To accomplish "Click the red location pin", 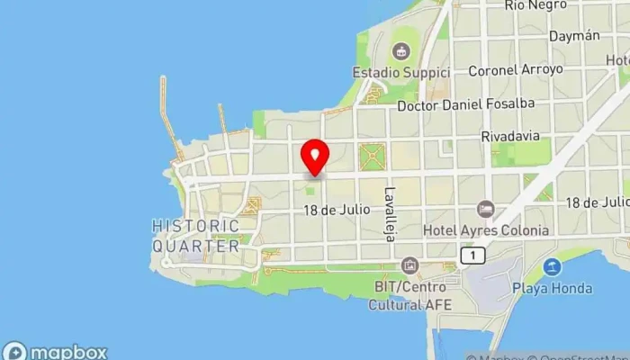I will (315, 157).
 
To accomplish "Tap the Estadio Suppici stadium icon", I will (400, 48).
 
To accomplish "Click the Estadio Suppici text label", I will (399, 71).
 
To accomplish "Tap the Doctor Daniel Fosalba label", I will (466, 103).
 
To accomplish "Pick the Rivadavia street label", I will (511, 136).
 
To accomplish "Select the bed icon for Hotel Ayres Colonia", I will (486, 209).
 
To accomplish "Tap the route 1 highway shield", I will (472, 256).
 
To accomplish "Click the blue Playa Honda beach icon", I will (553, 266).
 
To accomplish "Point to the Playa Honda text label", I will (553, 288).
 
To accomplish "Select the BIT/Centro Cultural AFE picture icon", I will (410, 265).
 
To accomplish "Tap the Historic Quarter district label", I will (196, 235).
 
